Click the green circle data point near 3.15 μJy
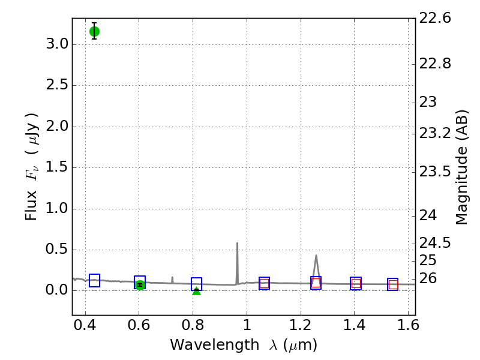94,31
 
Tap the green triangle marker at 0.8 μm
196,290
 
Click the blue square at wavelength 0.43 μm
94,280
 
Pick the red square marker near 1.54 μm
393,284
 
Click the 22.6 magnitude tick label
435,19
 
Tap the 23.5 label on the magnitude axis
435,172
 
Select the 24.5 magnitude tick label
435,243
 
